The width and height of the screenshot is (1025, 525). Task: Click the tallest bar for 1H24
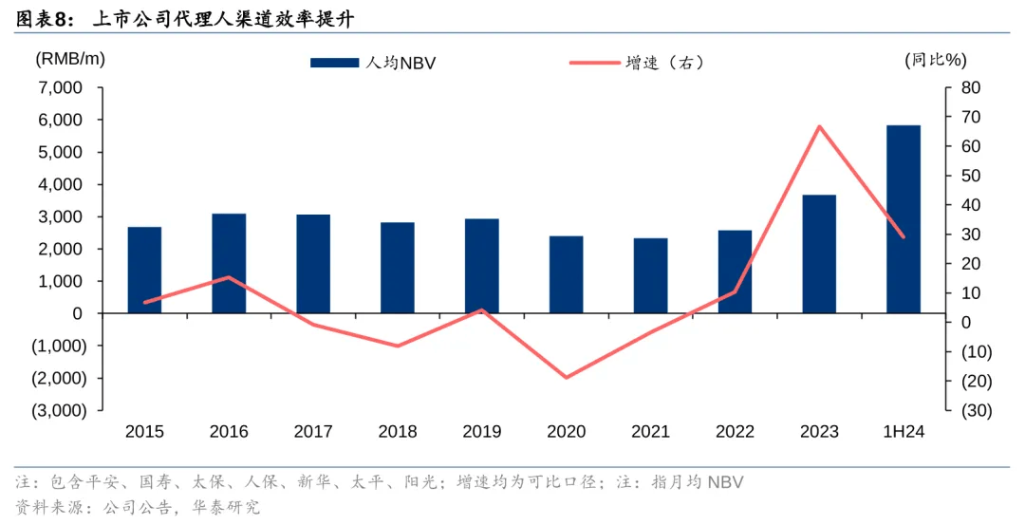[903, 218]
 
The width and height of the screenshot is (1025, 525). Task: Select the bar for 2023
[819, 253]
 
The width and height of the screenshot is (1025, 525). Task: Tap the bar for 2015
[144, 270]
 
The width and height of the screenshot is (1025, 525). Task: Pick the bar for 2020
[566, 274]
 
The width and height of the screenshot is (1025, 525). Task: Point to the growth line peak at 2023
[819, 126]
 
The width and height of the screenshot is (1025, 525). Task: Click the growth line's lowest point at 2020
[567, 378]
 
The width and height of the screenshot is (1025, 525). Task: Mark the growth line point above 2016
[229, 277]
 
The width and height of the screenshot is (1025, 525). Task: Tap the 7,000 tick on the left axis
[61, 88]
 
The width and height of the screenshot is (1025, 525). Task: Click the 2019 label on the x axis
[482, 432]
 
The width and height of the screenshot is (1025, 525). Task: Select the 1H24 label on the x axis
[903, 432]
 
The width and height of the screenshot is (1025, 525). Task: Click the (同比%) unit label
[935, 59]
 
